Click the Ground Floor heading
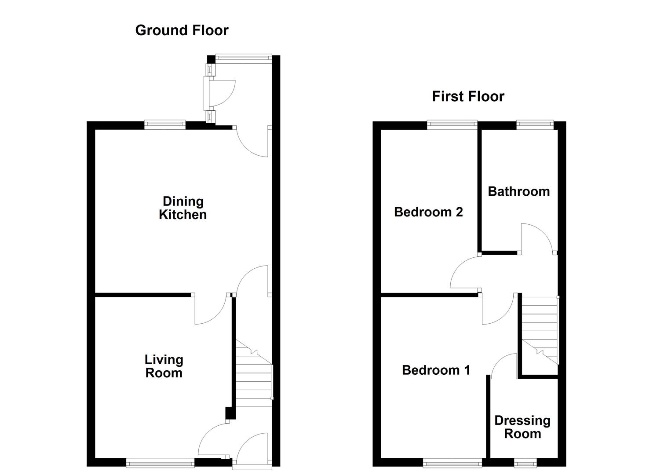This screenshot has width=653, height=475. click(x=182, y=30)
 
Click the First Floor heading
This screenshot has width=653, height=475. click(x=468, y=96)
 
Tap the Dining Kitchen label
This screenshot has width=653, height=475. click(x=182, y=208)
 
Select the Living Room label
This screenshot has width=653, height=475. click(x=164, y=366)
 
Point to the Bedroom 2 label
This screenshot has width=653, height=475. click(x=428, y=212)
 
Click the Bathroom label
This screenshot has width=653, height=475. click(x=518, y=191)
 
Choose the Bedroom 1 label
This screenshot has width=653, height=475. click(x=436, y=370)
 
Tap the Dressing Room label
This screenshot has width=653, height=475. click(x=522, y=427)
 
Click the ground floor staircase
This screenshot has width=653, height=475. click(x=254, y=374)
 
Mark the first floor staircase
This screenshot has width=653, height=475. click(x=539, y=328)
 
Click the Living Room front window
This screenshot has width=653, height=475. click(x=160, y=462)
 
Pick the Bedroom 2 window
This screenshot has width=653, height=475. click(x=452, y=125)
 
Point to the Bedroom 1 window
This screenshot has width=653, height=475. click(x=452, y=462)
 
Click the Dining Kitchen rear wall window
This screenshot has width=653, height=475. click(x=165, y=125)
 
